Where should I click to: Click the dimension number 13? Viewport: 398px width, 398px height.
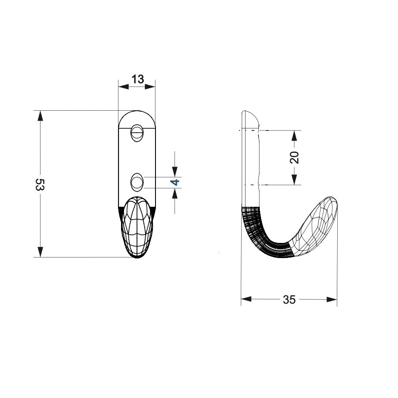pyautogui.click(x=138, y=79)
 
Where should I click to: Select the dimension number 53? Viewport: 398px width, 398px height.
pyautogui.click(x=40, y=184)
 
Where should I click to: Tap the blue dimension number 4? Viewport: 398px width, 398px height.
pyautogui.click(x=175, y=182)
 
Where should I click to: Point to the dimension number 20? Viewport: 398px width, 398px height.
pyautogui.click(x=295, y=157)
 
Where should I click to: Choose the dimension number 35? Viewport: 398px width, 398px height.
pyautogui.click(x=289, y=300)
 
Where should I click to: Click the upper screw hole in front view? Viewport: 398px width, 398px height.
pyautogui.click(x=137, y=133)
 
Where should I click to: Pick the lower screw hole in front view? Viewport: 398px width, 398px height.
pyautogui.click(x=137, y=182)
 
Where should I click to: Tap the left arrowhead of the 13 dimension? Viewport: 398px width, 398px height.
pyautogui.click(x=124, y=87)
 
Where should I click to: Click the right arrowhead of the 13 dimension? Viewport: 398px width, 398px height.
pyautogui.click(x=150, y=87)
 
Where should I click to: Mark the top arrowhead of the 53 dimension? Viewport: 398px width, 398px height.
pyautogui.click(x=40, y=116)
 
